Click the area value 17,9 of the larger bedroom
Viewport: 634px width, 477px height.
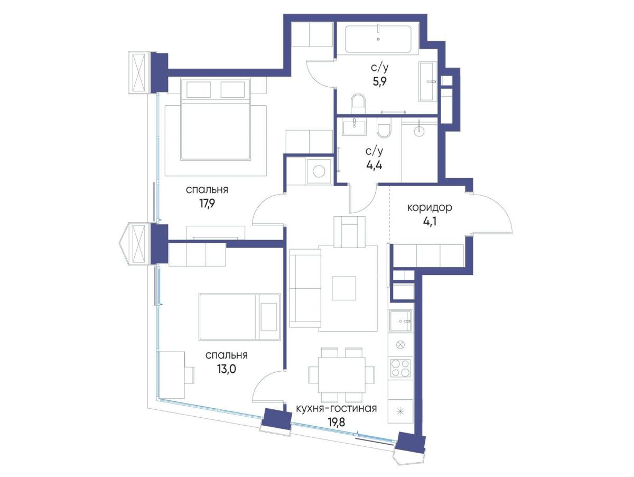[207, 204]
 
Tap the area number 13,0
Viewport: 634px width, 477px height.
[226, 370]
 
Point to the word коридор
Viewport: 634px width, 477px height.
[430, 207]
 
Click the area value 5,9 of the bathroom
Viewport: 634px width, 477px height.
[379, 82]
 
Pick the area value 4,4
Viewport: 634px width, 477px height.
[374, 166]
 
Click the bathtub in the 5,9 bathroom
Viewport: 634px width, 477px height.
[378, 39]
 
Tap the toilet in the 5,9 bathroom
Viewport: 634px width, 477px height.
[358, 104]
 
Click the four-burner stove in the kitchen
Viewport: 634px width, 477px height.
[400, 368]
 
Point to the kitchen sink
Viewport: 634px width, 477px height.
[400, 322]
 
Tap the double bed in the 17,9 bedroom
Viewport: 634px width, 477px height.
[216, 119]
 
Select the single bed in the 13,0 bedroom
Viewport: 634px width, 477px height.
[240, 317]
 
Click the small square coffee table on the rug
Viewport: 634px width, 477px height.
[344, 288]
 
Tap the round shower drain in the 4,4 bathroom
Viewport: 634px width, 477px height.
[419, 131]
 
